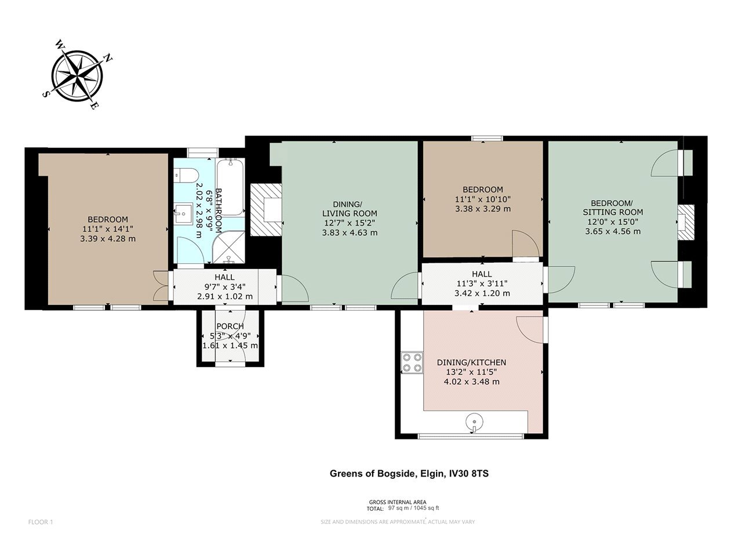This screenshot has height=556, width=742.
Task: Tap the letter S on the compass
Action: coord(45,95)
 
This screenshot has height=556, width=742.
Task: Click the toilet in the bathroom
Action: coord(185,175)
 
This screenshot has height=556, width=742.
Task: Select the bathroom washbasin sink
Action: coord(183,213)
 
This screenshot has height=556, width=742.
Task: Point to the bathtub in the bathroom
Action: coord(230,188)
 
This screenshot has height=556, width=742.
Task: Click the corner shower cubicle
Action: coord(229,247)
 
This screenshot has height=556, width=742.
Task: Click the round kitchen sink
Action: coord(474,422)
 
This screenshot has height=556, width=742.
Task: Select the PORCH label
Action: coord(230,326)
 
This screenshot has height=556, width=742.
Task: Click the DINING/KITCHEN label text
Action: coord(471,362)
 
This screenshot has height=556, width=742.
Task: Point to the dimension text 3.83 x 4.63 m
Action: coord(350,232)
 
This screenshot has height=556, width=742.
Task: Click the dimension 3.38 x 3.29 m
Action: coord(483,209)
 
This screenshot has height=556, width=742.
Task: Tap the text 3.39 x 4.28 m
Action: coord(108,239)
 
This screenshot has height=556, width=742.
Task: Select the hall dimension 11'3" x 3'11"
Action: coord(482,284)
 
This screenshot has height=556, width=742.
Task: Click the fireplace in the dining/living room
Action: coord(266,209)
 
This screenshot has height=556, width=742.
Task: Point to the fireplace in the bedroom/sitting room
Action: coord(686,222)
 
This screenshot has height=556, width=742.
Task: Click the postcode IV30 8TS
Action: coord(468,473)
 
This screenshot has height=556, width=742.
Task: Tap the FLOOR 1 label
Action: coord(41,522)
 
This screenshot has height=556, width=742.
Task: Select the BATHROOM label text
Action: coord(219,210)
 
